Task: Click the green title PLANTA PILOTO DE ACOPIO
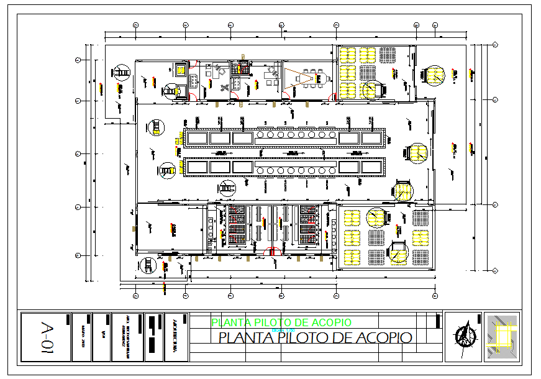[281, 322]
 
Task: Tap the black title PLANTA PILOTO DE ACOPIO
[315, 337]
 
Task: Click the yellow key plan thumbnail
[501, 336]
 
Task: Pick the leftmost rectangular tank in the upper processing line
[196, 137]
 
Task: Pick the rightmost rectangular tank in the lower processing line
[370, 167]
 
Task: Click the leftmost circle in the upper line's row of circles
[261, 135]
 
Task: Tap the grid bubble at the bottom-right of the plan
[495, 270]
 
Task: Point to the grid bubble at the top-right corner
[495, 44]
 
